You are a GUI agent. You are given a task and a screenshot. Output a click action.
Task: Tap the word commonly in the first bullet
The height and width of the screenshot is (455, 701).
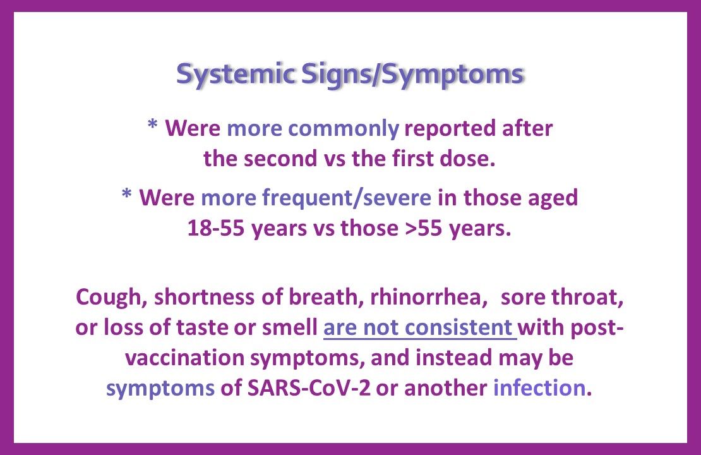[x=344, y=130]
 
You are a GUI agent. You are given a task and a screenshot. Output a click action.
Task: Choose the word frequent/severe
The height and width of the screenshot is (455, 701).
[x=347, y=198]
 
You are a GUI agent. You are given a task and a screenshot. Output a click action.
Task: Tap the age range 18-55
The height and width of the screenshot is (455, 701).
[x=216, y=227]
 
